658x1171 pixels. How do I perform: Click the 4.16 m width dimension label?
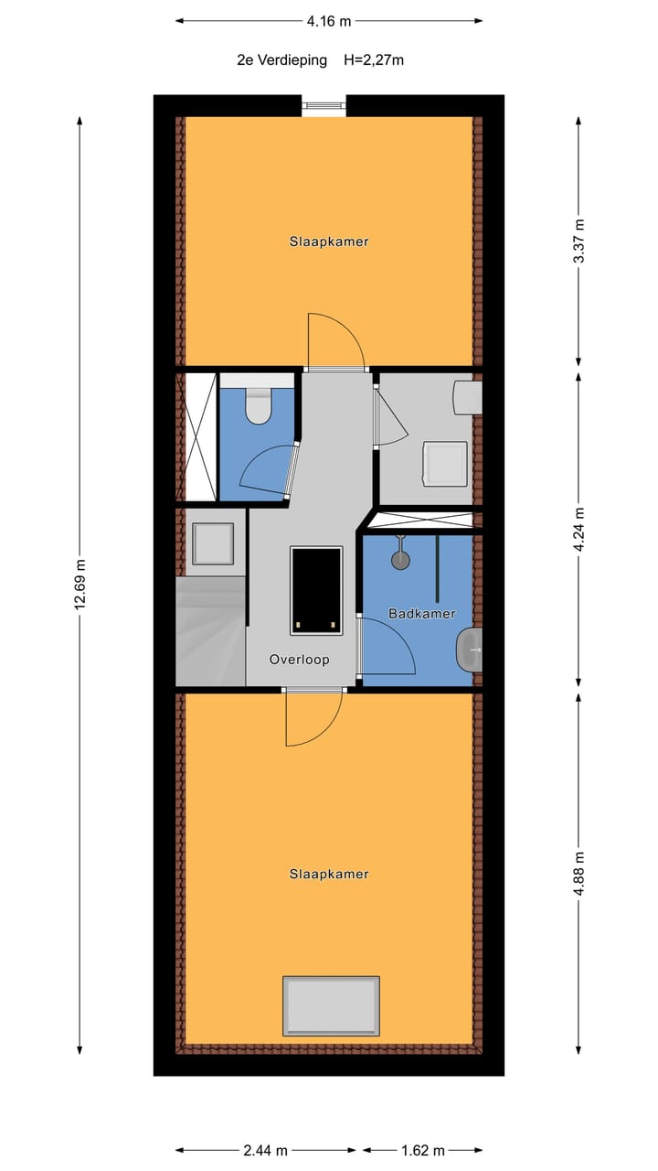pyautogui.click(x=328, y=20)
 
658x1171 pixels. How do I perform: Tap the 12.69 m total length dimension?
pyautogui.click(x=80, y=584)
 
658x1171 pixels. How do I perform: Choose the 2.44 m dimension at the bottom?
pyautogui.click(x=266, y=1150)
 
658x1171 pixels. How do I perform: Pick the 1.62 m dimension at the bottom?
pyautogui.click(x=422, y=1150)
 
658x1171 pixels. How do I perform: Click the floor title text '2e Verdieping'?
pyautogui.click(x=281, y=60)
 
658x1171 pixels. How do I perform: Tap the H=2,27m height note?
pyautogui.click(x=374, y=60)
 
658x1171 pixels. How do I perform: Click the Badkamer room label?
pyautogui.click(x=421, y=614)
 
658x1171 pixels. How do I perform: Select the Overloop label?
pyautogui.click(x=299, y=659)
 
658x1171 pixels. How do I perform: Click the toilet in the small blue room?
pyautogui.click(x=259, y=406)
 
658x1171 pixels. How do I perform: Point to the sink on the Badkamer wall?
pyautogui.click(x=470, y=650)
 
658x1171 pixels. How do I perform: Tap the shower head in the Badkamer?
pyautogui.click(x=400, y=556)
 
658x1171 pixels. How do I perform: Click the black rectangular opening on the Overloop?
pyautogui.click(x=316, y=590)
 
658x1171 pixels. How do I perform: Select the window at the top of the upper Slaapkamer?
pyautogui.click(x=324, y=106)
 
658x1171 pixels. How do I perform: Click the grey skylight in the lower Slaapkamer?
pyautogui.click(x=331, y=1006)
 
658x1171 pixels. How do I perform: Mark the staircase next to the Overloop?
pyautogui.click(x=210, y=631)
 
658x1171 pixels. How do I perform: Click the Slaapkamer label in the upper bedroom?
pyautogui.click(x=328, y=242)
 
